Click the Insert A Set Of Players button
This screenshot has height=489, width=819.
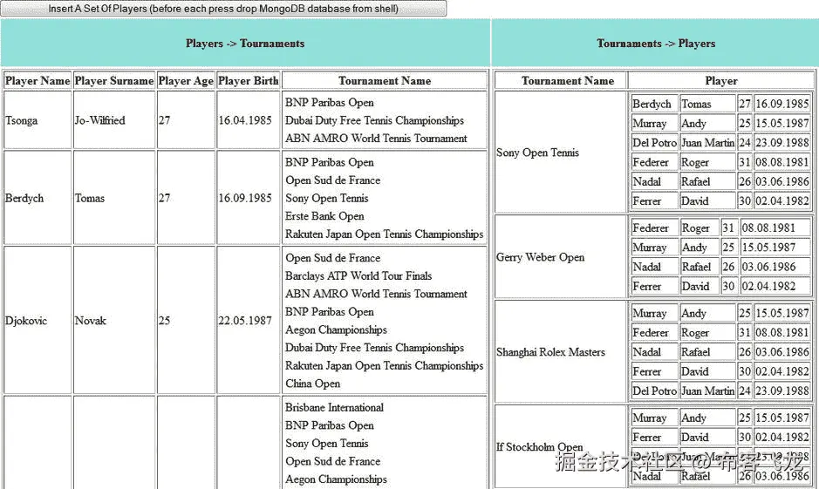(223, 9)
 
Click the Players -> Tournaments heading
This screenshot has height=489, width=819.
(245, 44)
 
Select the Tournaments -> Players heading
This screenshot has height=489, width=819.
(655, 44)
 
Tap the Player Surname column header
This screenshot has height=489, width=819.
(114, 81)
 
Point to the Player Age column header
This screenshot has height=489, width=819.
(186, 81)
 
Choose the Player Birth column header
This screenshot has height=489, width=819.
(249, 81)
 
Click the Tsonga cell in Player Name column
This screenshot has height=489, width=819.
(22, 120)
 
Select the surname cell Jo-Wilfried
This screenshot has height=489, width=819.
(100, 120)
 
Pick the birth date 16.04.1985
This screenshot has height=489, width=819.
(245, 120)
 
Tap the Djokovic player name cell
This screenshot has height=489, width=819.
(26, 321)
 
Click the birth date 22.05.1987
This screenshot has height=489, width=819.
(245, 321)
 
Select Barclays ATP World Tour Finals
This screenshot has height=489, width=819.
(358, 276)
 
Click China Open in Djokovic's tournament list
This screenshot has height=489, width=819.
(313, 384)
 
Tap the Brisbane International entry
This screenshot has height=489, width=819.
(334, 408)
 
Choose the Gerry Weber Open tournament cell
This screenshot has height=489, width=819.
(541, 257)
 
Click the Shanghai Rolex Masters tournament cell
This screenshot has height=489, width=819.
(550, 352)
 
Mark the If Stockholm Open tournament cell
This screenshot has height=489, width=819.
(539, 447)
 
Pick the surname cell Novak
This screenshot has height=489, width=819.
(91, 321)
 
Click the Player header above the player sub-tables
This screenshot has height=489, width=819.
(720, 81)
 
